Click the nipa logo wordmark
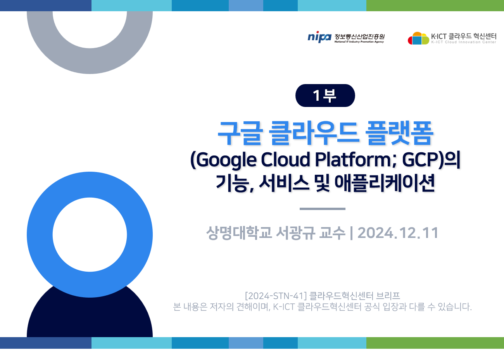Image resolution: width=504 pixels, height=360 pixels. point(319,37)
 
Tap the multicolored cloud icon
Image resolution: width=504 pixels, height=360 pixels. point(418,38)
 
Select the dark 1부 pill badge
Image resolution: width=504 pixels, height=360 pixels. point(325,95)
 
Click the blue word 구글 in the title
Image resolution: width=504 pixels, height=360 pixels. point(240,133)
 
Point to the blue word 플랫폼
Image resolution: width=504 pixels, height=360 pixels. point(399,133)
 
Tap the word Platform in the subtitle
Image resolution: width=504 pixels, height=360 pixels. point(353,159)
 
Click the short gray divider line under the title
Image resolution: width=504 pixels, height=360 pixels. point(323,209)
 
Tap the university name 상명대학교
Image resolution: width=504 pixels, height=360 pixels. point(239,233)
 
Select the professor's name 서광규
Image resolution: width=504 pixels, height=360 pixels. point(295,233)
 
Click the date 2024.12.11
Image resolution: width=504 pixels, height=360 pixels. point(397,233)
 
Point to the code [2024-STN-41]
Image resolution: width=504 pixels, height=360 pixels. point(276,296)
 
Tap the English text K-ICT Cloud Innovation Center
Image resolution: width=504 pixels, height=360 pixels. point(464,42)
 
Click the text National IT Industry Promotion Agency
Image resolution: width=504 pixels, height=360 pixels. point(359,42)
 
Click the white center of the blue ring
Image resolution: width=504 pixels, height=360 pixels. point(90,234)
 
